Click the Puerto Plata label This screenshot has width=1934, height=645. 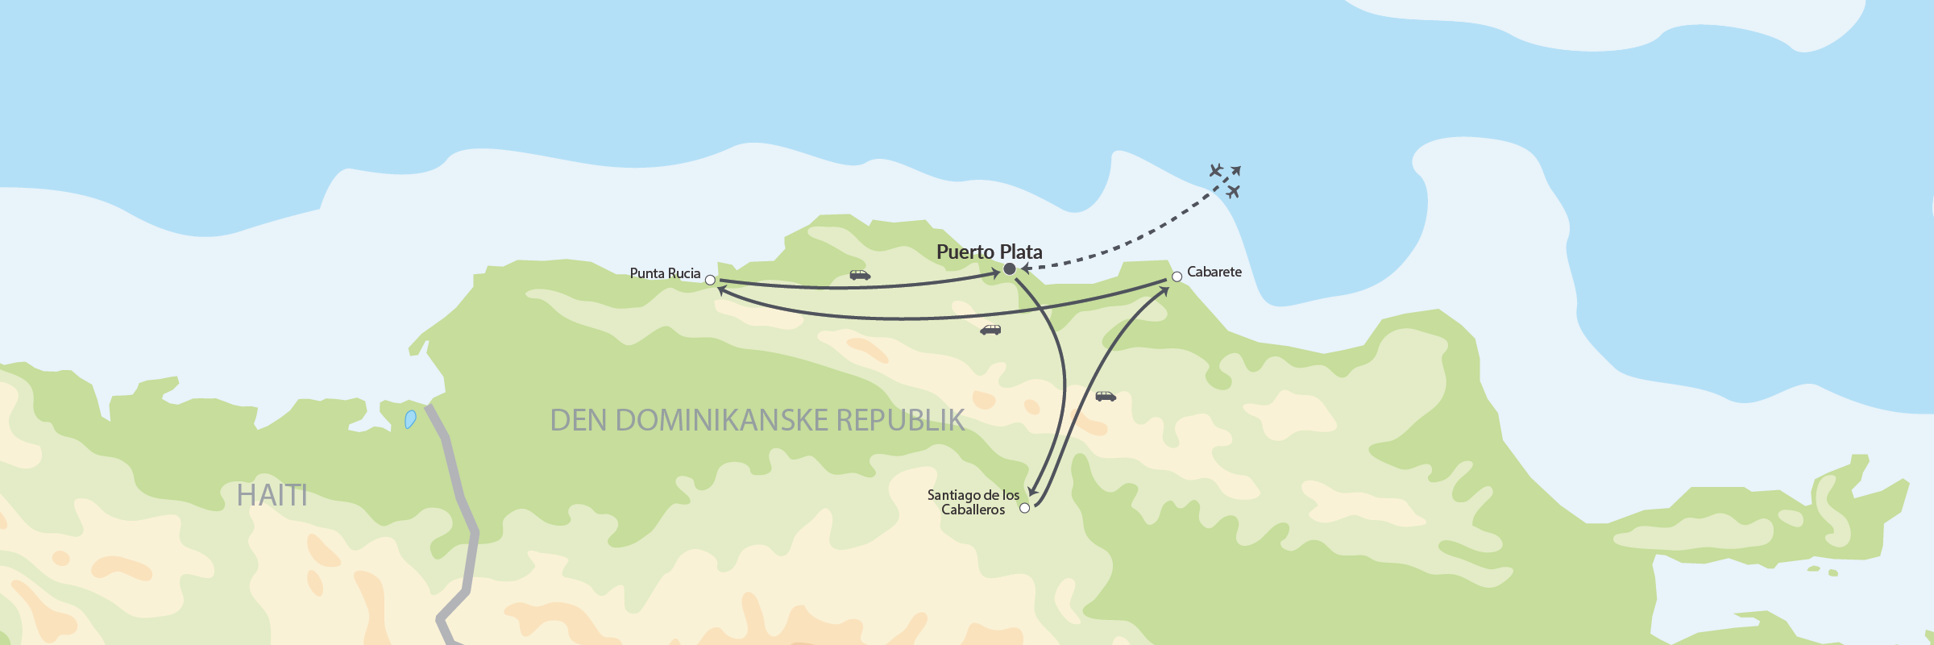(x=989, y=252)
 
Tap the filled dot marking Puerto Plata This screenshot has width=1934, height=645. (x=1010, y=268)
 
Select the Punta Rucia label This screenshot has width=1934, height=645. (x=665, y=273)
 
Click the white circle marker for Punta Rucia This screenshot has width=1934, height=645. (x=710, y=281)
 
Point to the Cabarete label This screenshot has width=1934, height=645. (x=1214, y=272)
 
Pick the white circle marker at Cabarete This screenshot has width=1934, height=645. (x=1177, y=277)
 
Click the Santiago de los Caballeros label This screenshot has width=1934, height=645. (x=973, y=501)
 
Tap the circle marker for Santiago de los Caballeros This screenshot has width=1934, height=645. (x=1025, y=508)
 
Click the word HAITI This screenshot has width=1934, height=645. (x=272, y=495)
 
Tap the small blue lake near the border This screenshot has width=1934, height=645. (x=410, y=419)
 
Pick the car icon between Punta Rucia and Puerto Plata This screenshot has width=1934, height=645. (x=860, y=275)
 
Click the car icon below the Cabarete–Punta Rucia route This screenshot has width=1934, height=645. (x=990, y=330)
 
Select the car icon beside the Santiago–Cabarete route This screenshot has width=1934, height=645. (x=1106, y=396)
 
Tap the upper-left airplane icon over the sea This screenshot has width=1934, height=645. (x=1216, y=170)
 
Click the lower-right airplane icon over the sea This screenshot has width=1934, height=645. (x=1233, y=191)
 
